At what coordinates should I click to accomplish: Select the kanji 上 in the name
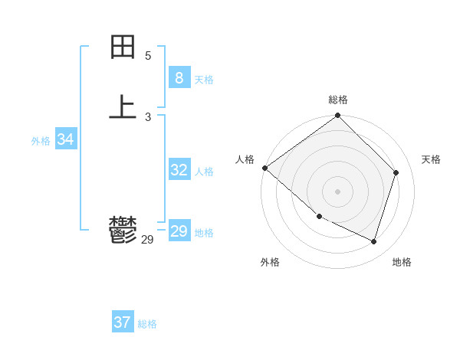pos(123,106)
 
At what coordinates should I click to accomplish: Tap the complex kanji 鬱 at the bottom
pos(123,229)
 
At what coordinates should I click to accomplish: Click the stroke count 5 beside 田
pos(148,56)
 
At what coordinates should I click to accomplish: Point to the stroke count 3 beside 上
pos(148,117)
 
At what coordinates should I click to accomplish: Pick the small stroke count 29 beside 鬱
pos(148,240)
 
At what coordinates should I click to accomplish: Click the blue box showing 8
pos(179,78)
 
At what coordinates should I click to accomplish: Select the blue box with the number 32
pos(179,170)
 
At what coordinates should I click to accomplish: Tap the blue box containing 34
pos(65,139)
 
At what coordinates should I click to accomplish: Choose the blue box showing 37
pos(122,322)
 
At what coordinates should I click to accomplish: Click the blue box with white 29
pos(179,231)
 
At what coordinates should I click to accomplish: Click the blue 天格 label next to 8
pos(204,80)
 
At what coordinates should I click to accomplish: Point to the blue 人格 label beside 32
pos(204,172)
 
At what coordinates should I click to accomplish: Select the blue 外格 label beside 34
pos(41,141)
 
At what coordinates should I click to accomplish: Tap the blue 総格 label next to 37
pos(147,324)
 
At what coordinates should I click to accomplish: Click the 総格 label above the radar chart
pos(338,100)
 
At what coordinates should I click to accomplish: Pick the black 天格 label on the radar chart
pos(431,159)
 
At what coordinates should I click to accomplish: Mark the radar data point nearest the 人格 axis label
pos(264,168)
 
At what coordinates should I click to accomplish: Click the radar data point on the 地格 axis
pos(374,241)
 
